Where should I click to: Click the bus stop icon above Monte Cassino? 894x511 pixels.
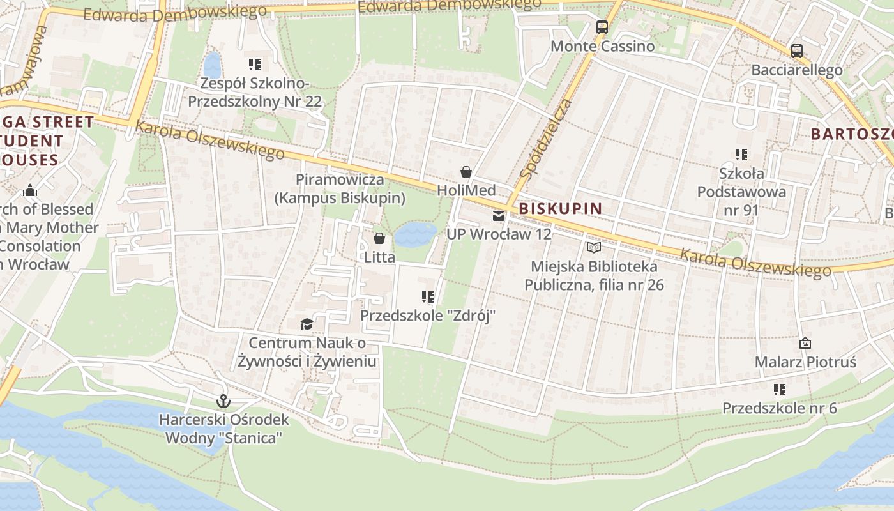(x=602, y=27)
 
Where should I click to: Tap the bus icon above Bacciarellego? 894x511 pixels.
(x=797, y=51)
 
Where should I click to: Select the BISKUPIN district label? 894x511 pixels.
(x=561, y=208)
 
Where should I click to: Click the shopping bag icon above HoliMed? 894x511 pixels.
(x=466, y=172)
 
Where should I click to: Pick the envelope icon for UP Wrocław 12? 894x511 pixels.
(x=499, y=216)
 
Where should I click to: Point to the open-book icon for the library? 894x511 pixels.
(x=594, y=247)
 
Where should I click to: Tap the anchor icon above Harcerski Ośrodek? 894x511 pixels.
(x=223, y=401)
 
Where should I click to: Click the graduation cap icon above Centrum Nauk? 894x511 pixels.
(x=307, y=324)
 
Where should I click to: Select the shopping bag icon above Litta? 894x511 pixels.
(x=379, y=238)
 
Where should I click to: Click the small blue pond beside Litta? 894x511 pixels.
(x=415, y=234)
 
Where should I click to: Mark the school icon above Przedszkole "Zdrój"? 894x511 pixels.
(x=428, y=296)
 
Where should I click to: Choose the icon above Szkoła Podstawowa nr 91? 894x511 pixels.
(x=741, y=154)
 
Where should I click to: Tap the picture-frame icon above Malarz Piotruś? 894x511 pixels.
(x=805, y=343)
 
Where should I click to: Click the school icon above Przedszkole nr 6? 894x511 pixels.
(x=779, y=389)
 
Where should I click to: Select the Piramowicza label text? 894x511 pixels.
(x=340, y=179)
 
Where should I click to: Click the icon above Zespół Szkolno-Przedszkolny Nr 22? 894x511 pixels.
(x=255, y=65)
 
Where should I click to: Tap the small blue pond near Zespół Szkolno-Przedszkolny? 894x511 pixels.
(x=212, y=65)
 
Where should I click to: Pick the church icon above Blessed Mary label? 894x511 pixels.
(x=30, y=190)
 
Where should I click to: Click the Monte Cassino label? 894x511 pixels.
(x=602, y=46)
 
